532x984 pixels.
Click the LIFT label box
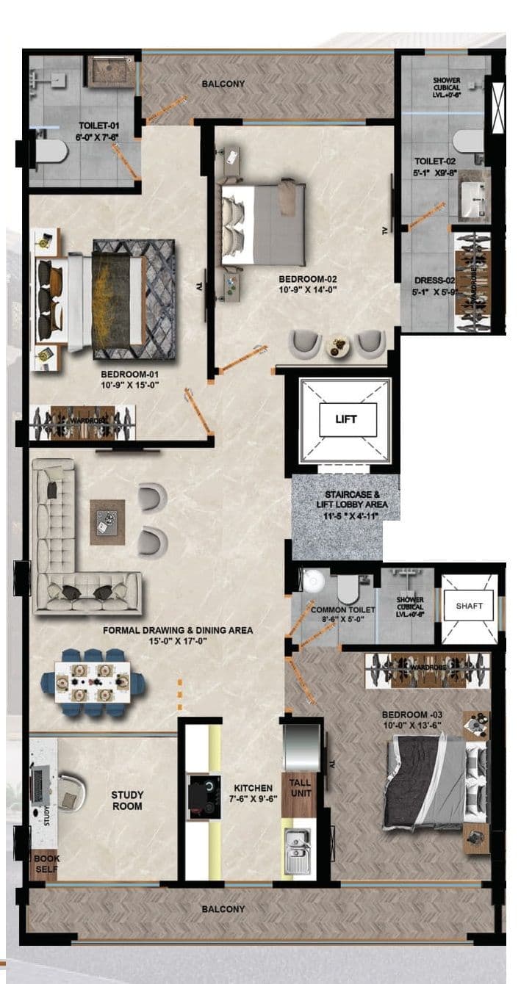point(347,420)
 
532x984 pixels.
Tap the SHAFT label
point(469,606)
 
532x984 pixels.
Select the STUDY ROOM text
point(127,800)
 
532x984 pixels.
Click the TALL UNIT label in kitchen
point(300,788)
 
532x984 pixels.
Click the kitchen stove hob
point(204,795)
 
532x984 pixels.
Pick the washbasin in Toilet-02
point(474,198)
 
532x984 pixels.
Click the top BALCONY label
point(223,84)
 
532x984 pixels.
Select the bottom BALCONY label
point(223,909)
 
